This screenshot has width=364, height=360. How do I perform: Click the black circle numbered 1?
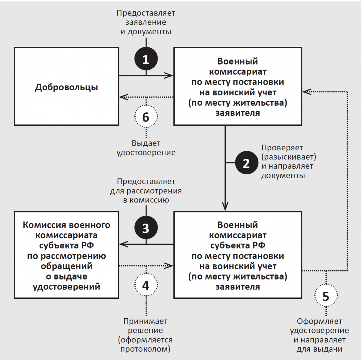(146, 59)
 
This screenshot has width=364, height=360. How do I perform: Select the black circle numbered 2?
(246, 163)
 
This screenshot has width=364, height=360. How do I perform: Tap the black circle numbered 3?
(146, 228)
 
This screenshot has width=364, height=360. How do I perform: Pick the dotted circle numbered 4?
(146, 285)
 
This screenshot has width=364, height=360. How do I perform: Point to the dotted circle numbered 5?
(326, 296)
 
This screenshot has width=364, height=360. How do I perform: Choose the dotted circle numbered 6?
(146, 116)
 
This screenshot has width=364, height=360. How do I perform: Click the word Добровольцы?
(66, 87)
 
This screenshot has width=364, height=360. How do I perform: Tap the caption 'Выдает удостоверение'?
(146, 148)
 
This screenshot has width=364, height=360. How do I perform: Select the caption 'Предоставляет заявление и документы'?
(146, 22)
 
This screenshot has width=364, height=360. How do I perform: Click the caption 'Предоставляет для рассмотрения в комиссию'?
(146, 191)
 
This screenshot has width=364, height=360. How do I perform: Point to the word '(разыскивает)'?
(289, 157)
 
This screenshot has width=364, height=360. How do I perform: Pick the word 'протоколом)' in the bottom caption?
(145, 349)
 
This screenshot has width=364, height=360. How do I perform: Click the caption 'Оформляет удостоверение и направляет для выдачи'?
(319, 335)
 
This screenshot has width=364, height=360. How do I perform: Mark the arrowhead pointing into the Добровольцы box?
(122, 97)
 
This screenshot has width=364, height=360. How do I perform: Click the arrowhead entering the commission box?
(122, 244)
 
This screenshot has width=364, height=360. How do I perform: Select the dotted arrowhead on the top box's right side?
(305, 91)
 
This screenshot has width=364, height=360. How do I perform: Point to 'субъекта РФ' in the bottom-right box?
(238, 245)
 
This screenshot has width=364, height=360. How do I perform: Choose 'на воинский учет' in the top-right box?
(238, 92)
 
